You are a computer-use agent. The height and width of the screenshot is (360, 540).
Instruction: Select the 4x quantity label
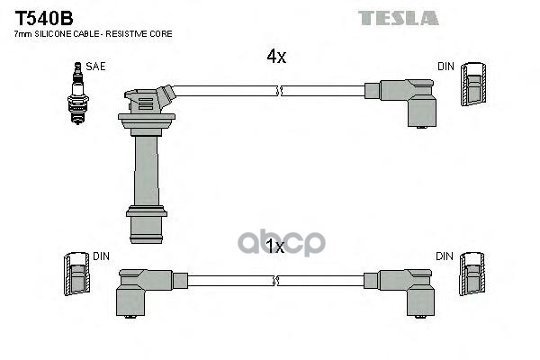pos(275,57)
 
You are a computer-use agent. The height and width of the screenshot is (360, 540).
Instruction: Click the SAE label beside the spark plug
pos(94,66)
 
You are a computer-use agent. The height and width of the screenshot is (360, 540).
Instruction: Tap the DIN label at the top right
pos(445,66)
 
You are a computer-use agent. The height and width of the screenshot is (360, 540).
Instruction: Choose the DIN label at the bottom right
pos(445,256)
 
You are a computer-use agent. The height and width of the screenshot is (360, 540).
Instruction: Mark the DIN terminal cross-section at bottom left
pos(75,277)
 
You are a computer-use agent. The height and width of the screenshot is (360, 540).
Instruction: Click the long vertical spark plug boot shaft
pos(144,166)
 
